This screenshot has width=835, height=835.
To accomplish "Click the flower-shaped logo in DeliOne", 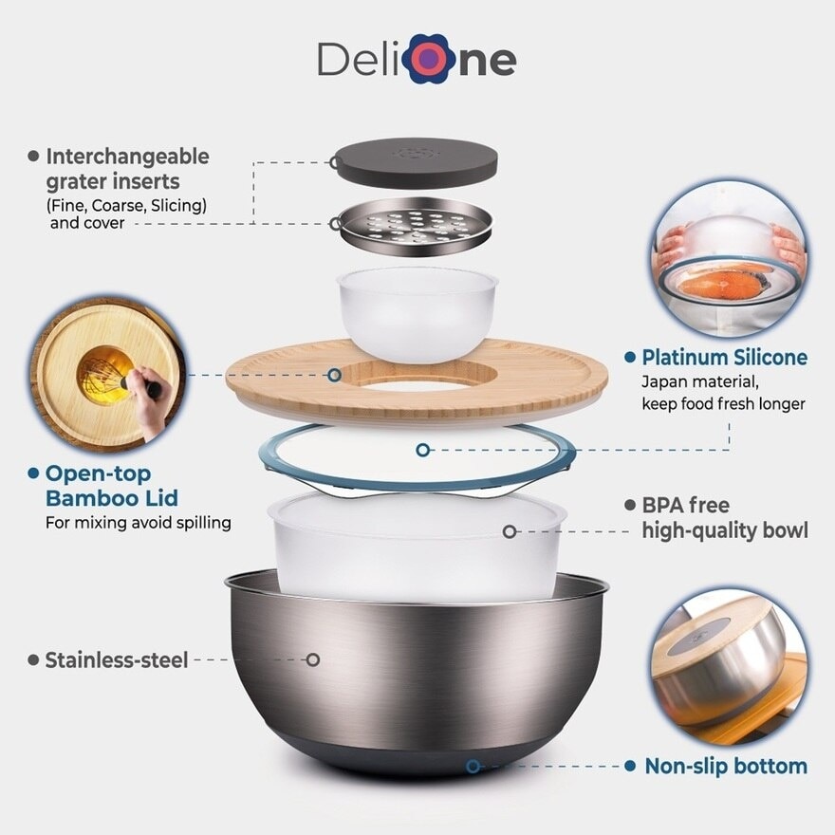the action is pyautogui.click(x=429, y=59).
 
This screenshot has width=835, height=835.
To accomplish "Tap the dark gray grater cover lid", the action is pyautogui.click(x=415, y=162).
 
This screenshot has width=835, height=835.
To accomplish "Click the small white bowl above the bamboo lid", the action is pyautogui.click(x=417, y=314).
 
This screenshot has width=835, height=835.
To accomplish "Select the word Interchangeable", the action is pyautogui.click(x=127, y=157).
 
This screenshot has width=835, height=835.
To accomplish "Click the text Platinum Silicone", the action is pyautogui.click(x=724, y=358).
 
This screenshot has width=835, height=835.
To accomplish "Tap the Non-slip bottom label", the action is pyautogui.click(x=726, y=767).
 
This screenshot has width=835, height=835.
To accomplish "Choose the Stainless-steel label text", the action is pyautogui.click(x=117, y=660).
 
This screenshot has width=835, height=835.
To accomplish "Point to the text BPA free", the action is pyautogui.click(x=685, y=506).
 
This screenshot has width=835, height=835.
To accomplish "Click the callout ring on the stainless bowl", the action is pyautogui.click(x=313, y=660).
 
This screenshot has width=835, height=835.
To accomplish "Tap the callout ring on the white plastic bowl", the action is pyautogui.click(x=510, y=531).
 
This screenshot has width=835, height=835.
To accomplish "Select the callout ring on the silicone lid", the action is pyautogui.click(x=423, y=450).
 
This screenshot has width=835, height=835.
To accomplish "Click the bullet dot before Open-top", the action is pyautogui.click(x=33, y=473).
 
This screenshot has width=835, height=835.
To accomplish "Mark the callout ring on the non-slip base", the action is pyautogui.click(x=473, y=767).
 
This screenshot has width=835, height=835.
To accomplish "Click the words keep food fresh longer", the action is pyautogui.click(x=723, y=404).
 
